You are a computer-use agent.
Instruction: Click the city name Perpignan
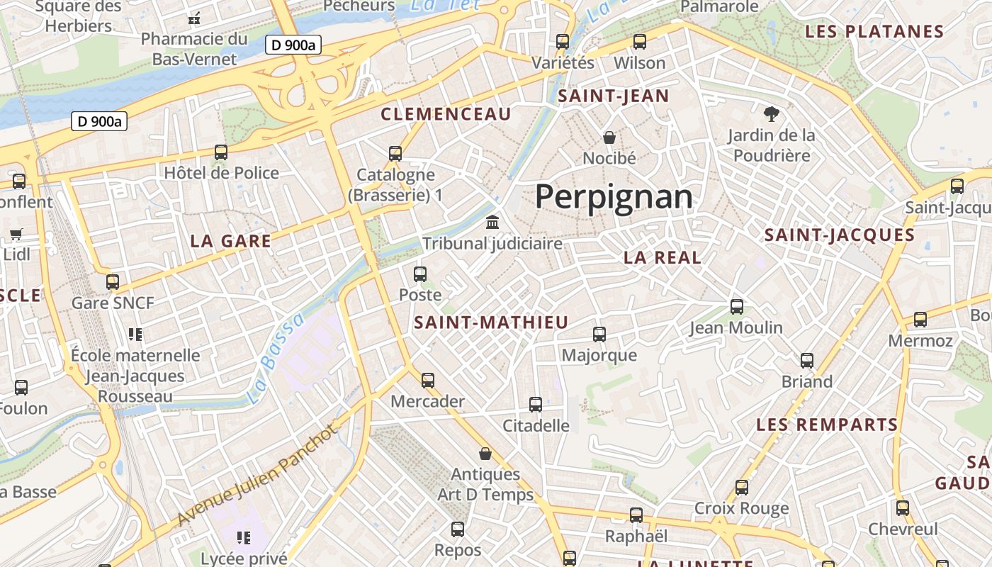[614, 196]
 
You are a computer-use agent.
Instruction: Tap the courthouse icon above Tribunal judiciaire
[492, 223]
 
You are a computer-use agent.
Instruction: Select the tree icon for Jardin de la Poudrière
[771, 114]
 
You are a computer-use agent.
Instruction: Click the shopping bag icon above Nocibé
[609, 137]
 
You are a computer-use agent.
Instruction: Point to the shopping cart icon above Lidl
[16, 234]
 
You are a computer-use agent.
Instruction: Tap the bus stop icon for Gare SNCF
[112, 282]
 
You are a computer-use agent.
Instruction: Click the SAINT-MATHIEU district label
[491, 322]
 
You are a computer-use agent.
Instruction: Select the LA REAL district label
[663, 258]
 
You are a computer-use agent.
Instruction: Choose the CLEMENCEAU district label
[446, 114]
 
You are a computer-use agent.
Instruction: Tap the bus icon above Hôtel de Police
[221, 152]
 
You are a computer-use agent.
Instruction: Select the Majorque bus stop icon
[599, 335]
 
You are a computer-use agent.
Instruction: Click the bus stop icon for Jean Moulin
[737, 307]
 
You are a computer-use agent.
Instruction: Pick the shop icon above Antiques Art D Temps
[485, 454]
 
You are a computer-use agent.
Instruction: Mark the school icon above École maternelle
[135, 334]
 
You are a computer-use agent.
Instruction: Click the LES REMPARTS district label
[827, 425]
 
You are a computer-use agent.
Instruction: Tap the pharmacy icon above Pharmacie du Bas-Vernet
[193, 18]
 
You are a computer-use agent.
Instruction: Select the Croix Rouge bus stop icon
[741, 488]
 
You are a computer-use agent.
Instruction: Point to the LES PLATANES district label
[874, 32]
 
